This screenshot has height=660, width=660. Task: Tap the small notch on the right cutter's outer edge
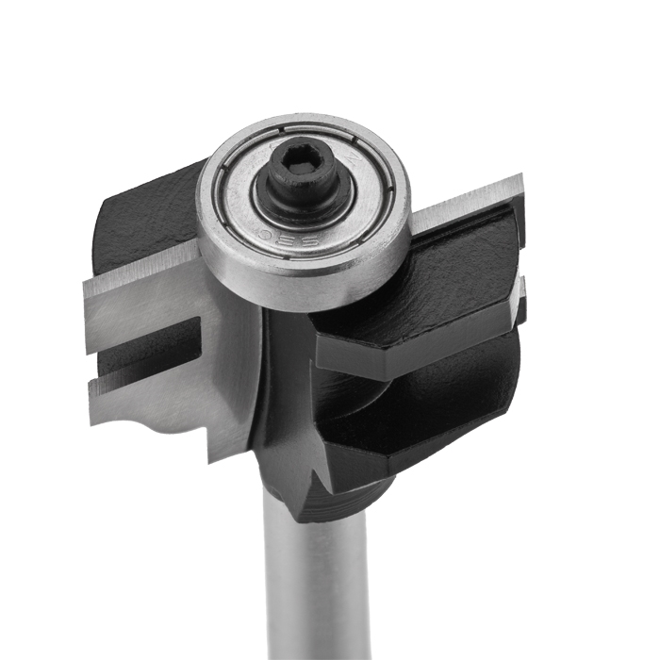[x=518, y=282]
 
